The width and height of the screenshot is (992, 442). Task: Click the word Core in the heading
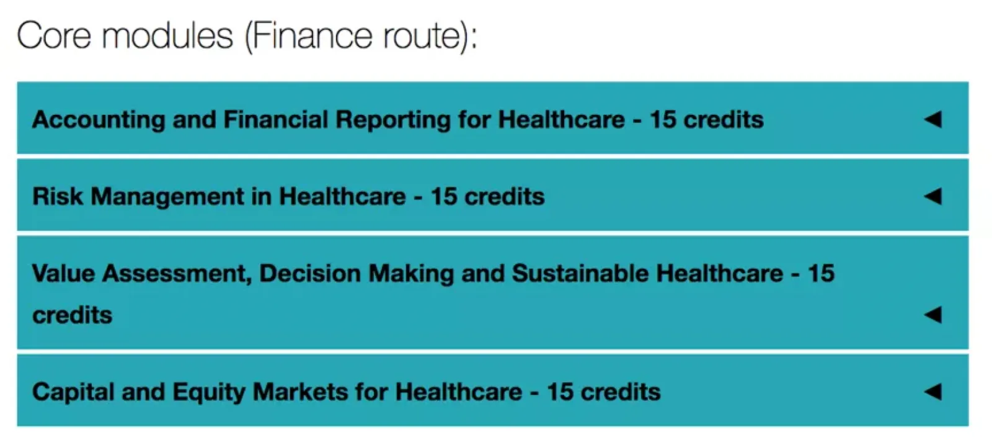pos(54,35)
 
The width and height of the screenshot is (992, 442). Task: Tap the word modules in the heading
pos(168,35)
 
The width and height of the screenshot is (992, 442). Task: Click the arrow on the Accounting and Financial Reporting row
pos(933,119)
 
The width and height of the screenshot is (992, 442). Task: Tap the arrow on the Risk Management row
pos(933,196)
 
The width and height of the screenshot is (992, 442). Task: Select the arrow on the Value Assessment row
pos(933,315)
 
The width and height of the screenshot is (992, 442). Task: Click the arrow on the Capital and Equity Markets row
pos(933,392)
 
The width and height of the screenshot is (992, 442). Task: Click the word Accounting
pos(99,120)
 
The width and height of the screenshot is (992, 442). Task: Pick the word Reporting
pos(393,120)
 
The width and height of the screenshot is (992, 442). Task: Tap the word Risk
pos(58,196)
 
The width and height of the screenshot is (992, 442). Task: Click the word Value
pos(63,273)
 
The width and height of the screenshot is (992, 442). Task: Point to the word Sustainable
pos(580,273)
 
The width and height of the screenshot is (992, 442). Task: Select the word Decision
pos(310,273)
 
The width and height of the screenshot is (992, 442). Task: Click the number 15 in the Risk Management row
pos(444,196)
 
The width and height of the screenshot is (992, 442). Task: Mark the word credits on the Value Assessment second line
pos(72,315)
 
